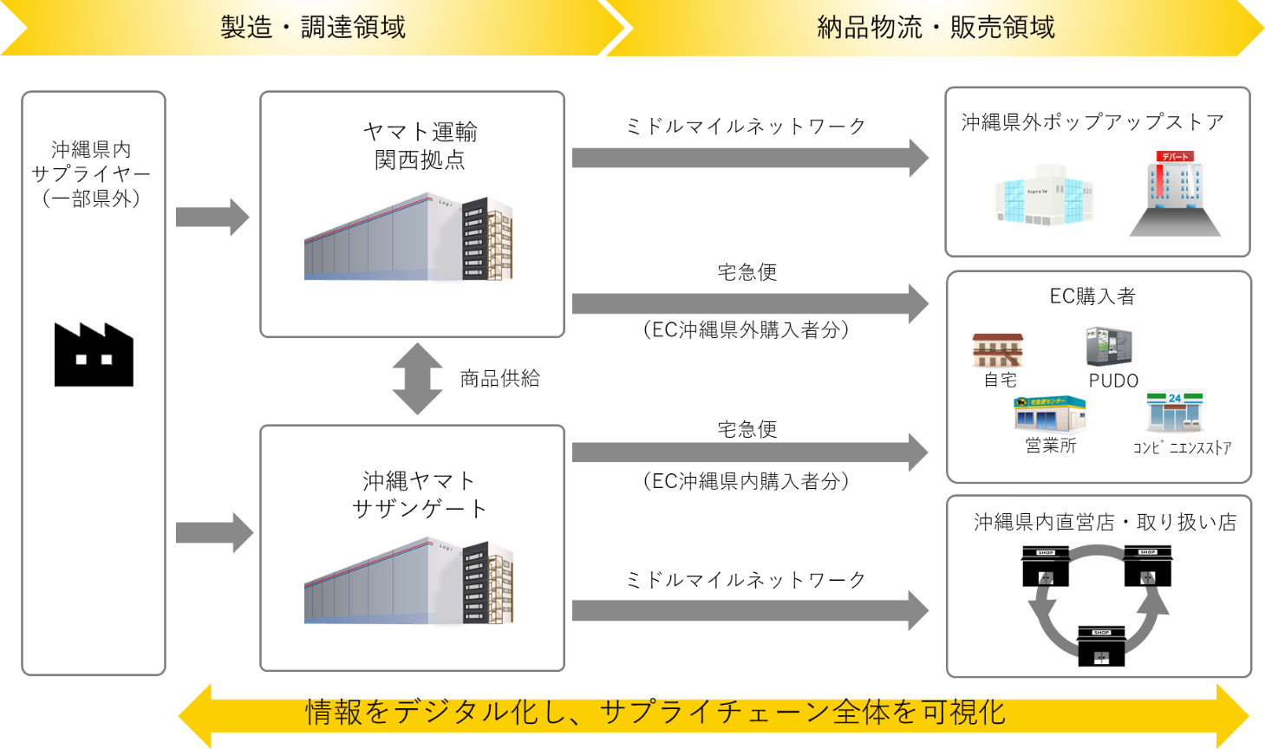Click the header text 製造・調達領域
(313, 27)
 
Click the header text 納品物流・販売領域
(936, 27)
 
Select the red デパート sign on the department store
(1175, 157)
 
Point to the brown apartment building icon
(998, 350)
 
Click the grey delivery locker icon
(1109, 347)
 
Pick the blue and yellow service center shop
(1050, 414)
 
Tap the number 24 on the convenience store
(1175, 398)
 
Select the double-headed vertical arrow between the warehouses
(417, 379)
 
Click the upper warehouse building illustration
(408, 237)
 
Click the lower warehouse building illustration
(409, 582)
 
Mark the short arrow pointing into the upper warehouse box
(212, 217)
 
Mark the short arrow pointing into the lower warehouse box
(214, 532)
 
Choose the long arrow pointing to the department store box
(749, 158)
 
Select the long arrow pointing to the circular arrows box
(749, 610)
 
